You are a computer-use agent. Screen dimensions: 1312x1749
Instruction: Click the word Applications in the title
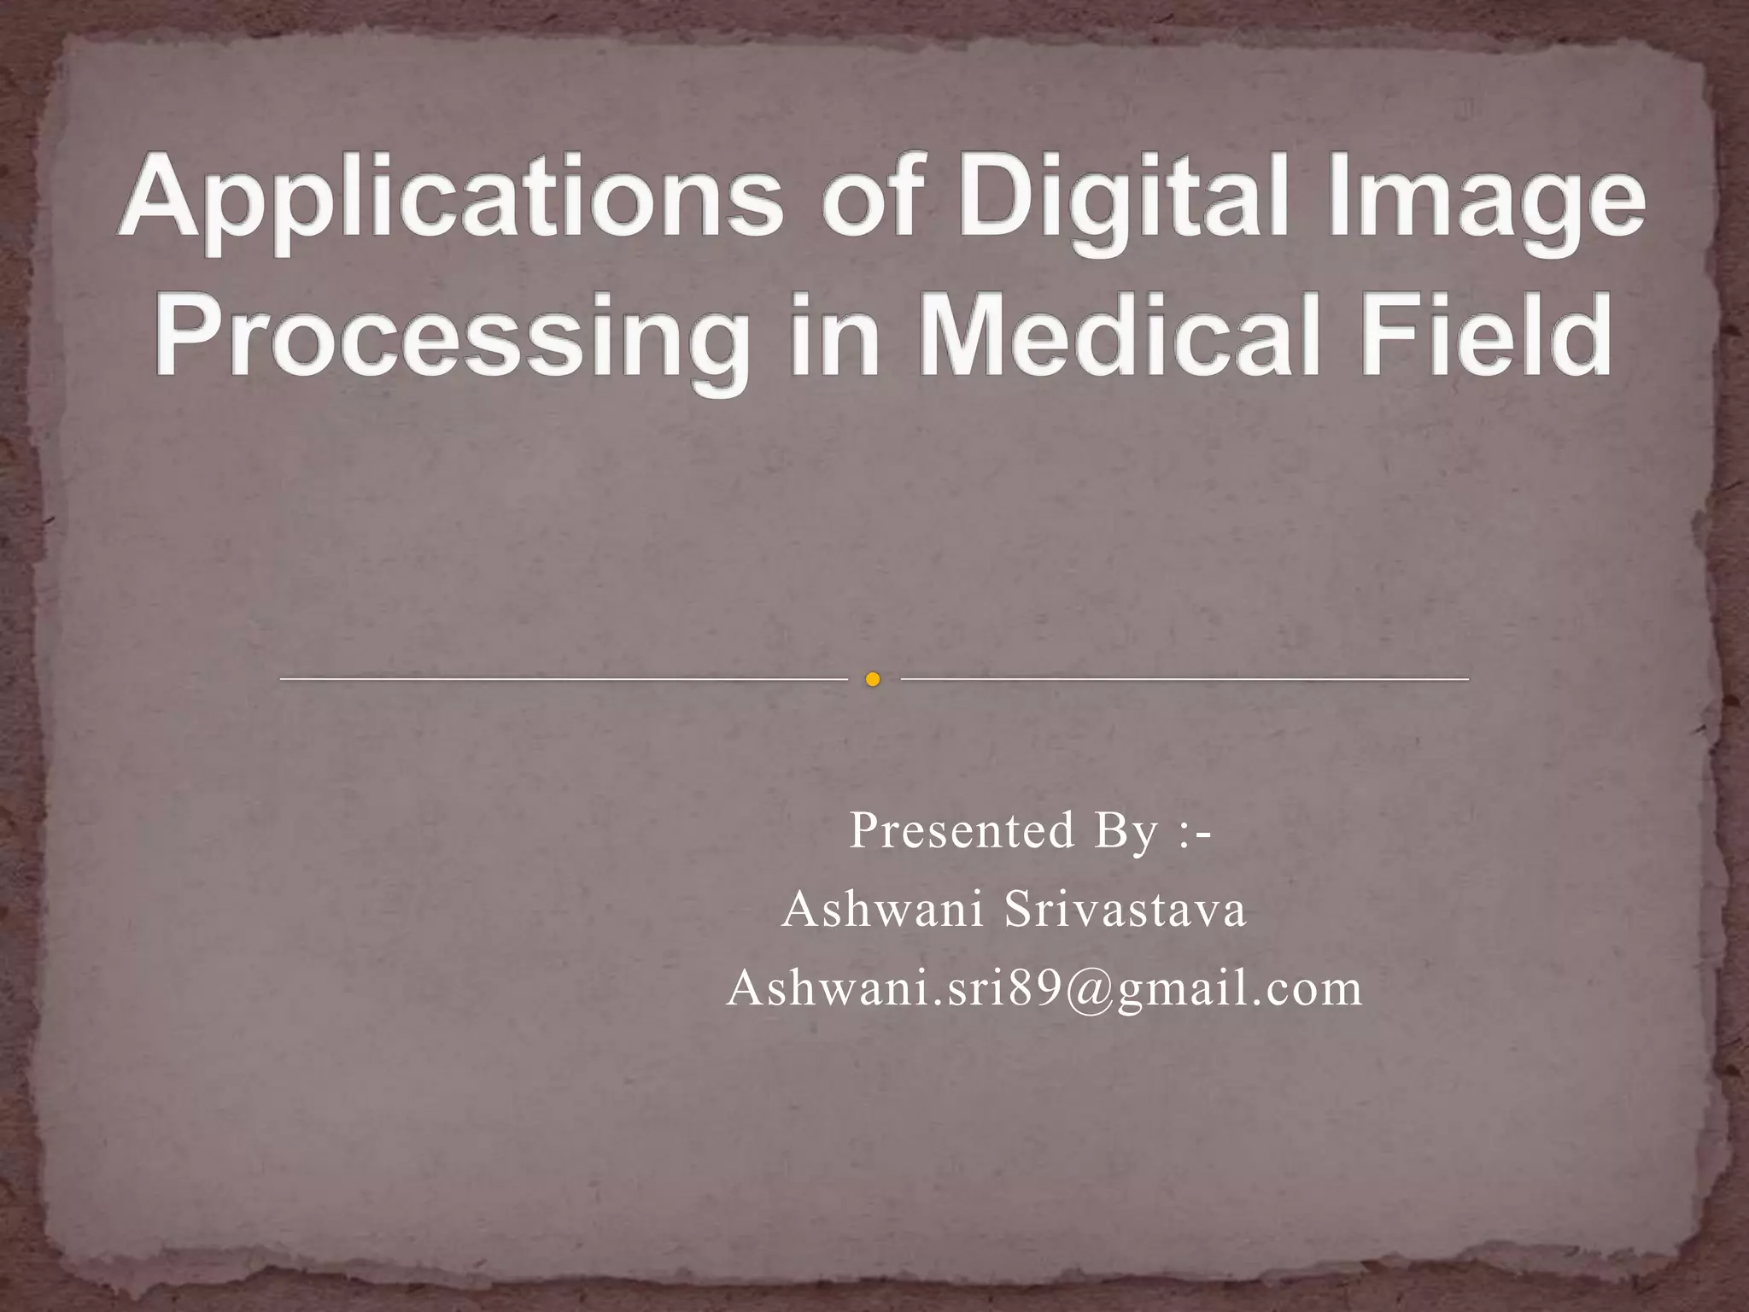coord(450,198)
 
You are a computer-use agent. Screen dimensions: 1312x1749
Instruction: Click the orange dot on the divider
coord(872,679)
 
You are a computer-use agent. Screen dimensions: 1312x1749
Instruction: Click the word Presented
coord(962,830)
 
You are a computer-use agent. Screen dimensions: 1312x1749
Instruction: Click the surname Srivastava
coord(1125,909)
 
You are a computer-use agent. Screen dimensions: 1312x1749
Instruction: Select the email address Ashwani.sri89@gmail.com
coord(1044,989)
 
